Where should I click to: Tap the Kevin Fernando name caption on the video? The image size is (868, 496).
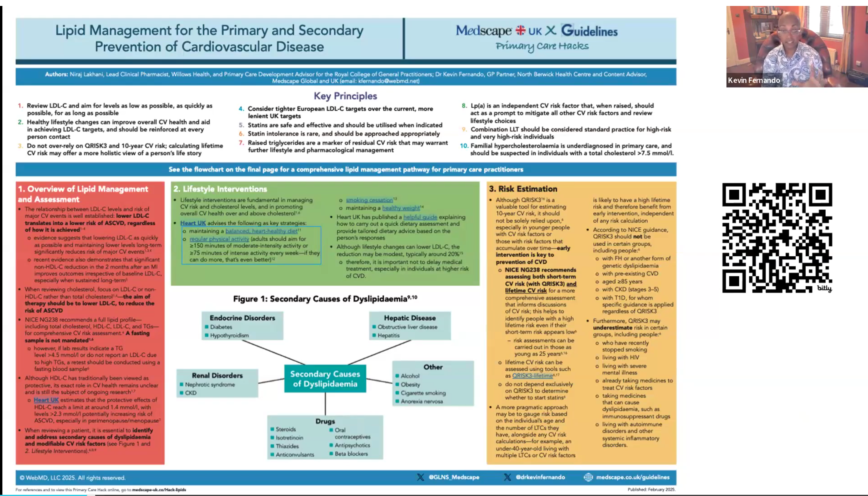754,80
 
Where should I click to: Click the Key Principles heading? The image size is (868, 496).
345,96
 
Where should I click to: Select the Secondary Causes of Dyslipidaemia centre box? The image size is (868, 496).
325,379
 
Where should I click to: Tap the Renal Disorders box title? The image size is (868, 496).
217,375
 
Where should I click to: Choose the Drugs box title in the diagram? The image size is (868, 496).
325,421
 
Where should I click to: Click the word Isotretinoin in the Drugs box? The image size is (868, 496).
289,438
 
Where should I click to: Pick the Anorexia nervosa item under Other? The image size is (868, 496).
421,401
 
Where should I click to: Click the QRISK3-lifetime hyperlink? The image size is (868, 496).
532,375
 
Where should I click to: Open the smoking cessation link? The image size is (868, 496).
369,200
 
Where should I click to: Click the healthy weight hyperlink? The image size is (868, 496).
401,208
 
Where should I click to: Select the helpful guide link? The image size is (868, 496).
420,217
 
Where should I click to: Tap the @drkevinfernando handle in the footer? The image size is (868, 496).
540,477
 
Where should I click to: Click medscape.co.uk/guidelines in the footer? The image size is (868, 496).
632,477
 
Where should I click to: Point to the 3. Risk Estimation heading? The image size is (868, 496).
523,189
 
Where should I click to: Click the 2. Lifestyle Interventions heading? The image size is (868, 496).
220,189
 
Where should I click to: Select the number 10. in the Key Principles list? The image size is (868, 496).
464,146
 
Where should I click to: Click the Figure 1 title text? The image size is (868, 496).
325,299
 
